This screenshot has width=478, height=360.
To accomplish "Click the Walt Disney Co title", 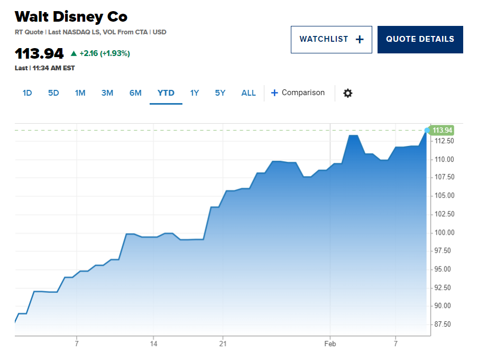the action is (x=71, y=17).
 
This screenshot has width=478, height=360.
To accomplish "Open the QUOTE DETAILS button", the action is (x=420, y=40).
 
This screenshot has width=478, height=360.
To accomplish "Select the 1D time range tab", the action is (x=27, y=93).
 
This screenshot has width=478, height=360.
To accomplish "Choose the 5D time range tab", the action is (x=53, y=93).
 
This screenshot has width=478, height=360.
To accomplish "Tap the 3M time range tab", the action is (x=107, y=93).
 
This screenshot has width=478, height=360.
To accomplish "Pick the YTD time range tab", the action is (x=166, y=93).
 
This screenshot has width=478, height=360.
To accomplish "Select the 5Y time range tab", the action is (x=220, y=93).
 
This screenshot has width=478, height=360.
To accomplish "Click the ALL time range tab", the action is (x=249, y=93).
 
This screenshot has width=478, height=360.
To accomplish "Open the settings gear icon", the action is (x=348, y=93).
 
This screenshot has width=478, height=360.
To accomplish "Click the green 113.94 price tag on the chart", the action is (x=442, y=131).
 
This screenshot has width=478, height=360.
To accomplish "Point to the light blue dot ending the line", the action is (x=427, y=131).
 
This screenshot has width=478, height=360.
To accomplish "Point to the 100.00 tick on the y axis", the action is (x=444, y=233).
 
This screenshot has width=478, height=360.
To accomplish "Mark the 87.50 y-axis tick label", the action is (x=443, y=325).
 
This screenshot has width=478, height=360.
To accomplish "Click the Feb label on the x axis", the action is (x=330, y=344).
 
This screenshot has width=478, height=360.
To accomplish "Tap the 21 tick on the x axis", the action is (x=223, y=344).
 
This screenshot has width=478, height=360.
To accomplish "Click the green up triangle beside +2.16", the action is (x=73, y=53).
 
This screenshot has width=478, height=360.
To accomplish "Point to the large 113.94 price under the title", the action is (x=39, y=53).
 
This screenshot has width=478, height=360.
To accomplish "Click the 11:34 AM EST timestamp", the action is (x=53, y=68).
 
